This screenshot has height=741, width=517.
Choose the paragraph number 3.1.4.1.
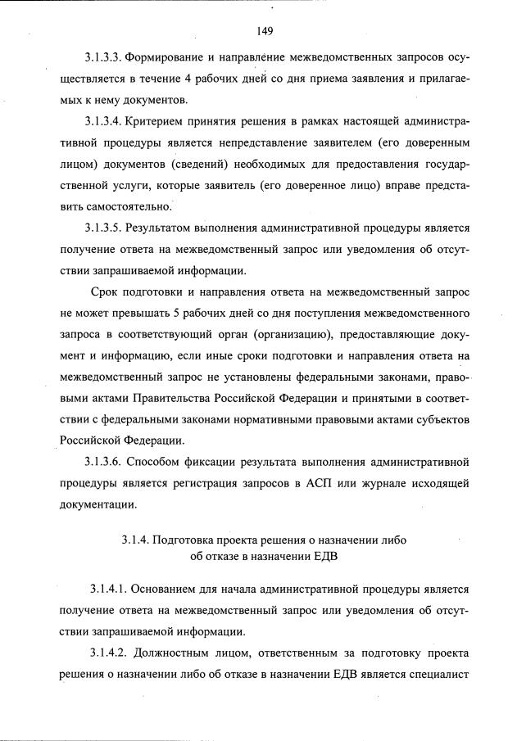pos(111,589)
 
